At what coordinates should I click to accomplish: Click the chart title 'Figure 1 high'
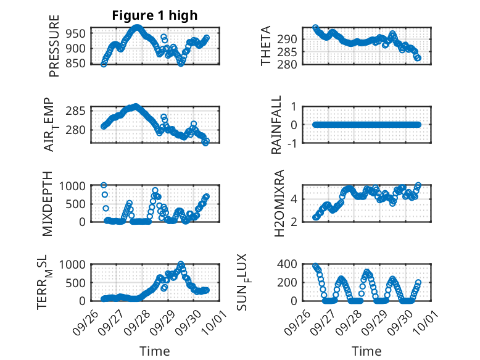154,16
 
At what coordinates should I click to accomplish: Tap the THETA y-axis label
266,46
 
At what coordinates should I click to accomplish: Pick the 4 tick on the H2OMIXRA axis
296,199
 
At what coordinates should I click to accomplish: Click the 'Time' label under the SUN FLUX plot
366,351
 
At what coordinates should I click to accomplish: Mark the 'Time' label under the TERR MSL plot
154,351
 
